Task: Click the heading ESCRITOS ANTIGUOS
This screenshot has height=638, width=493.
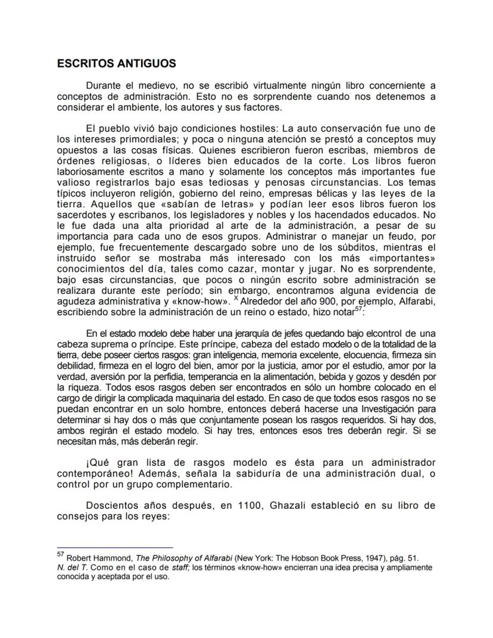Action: [116, 63]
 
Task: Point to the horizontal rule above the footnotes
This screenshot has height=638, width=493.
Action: [115, 547]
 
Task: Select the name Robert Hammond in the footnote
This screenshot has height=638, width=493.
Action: [91, 558]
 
